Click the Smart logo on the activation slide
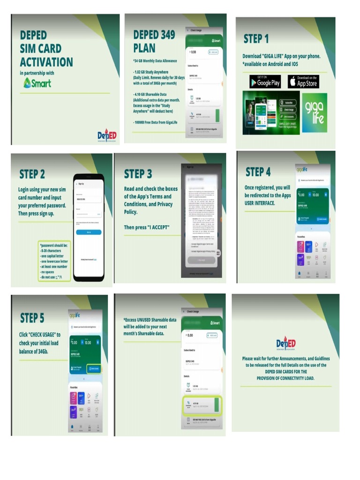coord(37,83)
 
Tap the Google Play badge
coord(265,82)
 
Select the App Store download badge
coord(303,82)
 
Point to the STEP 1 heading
coord(256,38)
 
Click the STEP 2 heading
coord(32,174)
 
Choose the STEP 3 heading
coord(138,174)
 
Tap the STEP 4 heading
coord(258,172)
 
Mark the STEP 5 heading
coord(32,318)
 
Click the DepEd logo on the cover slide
coord(107,135)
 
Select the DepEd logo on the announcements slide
coord(285,344)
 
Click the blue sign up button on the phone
coord(88,232)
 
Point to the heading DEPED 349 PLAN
coord(154,41)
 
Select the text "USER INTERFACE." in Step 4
coord(259,203)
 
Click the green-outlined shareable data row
coord(202,404)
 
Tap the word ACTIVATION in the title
coord(46,62)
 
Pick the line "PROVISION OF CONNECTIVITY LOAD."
coord(285,378)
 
